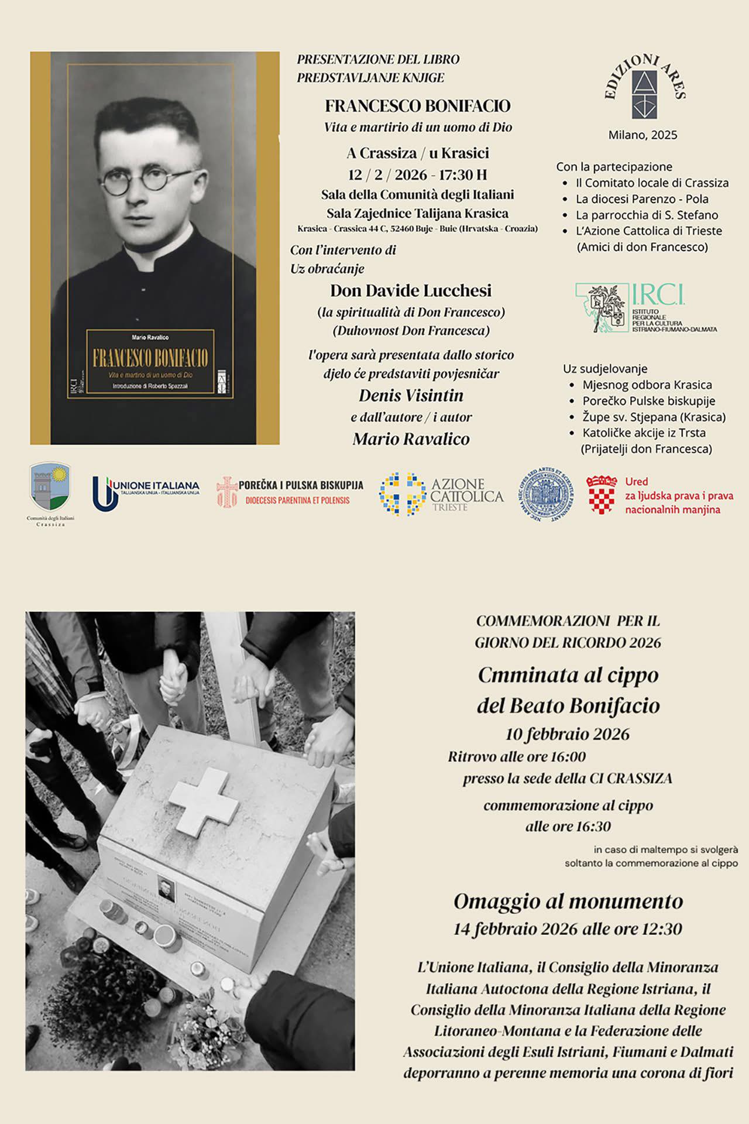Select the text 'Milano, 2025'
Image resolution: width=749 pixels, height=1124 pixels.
point(643,135)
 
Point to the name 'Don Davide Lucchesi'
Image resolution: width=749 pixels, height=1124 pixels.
point(411,291)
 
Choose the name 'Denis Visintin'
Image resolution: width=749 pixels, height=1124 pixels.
point(411,396)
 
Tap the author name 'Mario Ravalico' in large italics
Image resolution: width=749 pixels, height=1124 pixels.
point(411,439)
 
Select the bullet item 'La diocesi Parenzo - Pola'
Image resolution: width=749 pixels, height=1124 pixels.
point(642,199)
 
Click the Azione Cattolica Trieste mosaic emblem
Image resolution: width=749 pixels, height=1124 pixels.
point(402,494)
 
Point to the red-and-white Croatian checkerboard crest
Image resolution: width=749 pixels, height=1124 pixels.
point(602,495)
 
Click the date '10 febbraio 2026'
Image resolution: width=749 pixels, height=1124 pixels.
point(567,734)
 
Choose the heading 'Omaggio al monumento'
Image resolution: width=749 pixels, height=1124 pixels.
point(568,902)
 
